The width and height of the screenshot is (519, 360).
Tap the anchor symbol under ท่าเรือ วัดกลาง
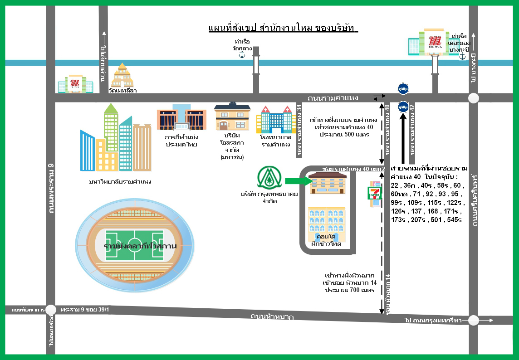tap(242, 55)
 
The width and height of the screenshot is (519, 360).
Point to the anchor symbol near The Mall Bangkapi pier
tap(462, 56)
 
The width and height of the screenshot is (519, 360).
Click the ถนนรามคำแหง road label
tap(333, 98)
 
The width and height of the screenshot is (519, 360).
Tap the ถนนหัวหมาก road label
tap(272, 316)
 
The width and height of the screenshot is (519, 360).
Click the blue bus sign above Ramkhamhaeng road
tap(402, 88)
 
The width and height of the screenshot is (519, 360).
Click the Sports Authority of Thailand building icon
tap(181, 120)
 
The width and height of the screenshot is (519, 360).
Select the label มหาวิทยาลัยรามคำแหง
tap(120, 182)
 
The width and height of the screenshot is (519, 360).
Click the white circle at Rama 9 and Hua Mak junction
tap(51, 310)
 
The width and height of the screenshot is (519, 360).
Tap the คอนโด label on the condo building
tap(326, 237)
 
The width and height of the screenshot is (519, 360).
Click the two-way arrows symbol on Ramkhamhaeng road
tap(379, 98)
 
